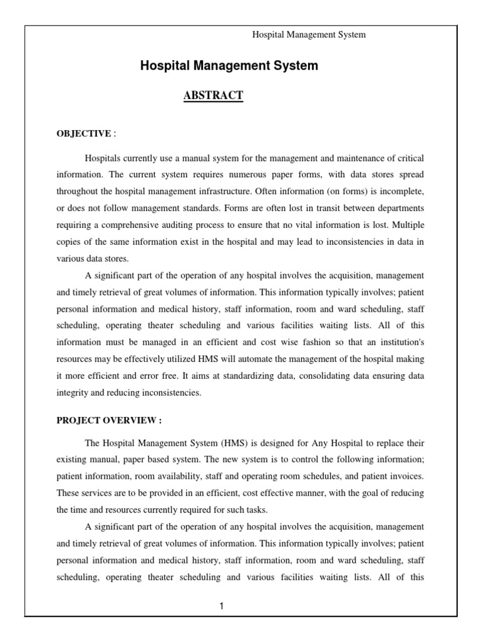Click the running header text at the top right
pyautogui.click(x=308, y=35)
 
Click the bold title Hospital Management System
pyautogui.click(x=229, y=66)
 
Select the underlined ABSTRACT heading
pyautogui.click(x=213, y=95)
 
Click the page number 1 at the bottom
pyautogui.click(x=222, y=606)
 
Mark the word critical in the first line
pyautogui.click(x=409, y=160)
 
